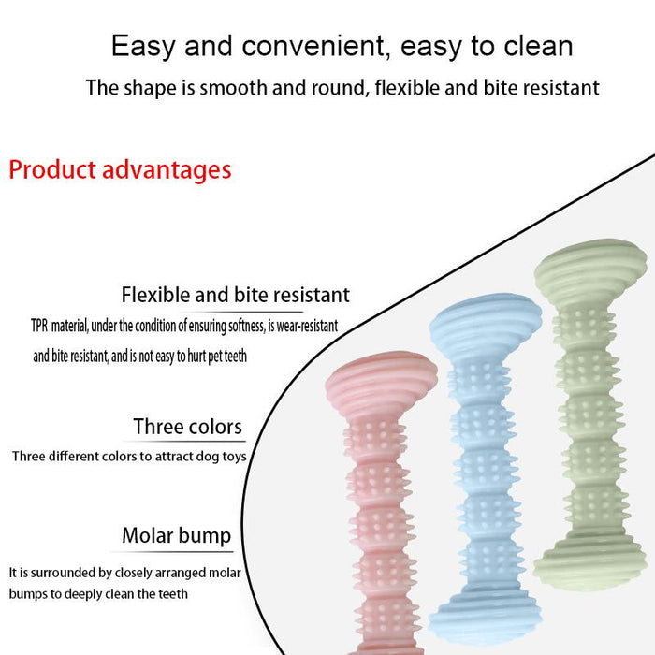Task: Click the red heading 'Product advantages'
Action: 120,170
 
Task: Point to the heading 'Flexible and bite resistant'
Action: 235,295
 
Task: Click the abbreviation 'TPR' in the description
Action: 38,327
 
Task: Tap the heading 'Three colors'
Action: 187,428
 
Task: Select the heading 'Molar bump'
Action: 176,536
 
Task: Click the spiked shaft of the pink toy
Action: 381,524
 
